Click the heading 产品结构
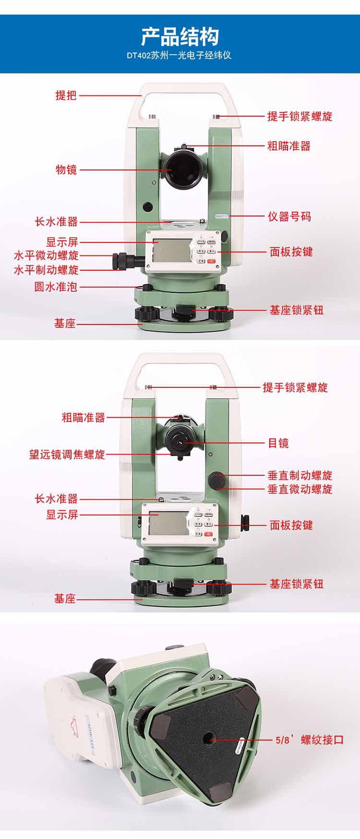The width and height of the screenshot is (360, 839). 180,36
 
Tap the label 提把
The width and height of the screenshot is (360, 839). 66,95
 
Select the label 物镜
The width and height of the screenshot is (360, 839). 66,169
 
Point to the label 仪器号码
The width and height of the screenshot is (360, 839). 289,216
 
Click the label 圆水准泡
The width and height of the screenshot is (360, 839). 55,287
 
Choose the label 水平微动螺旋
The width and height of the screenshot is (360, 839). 46,255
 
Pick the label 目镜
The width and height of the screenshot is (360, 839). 278,443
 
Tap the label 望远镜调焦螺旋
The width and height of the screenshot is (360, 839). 67,454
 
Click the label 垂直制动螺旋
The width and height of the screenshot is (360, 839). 300,476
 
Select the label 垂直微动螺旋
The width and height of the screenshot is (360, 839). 300,489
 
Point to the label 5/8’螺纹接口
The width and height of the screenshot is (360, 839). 310,740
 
